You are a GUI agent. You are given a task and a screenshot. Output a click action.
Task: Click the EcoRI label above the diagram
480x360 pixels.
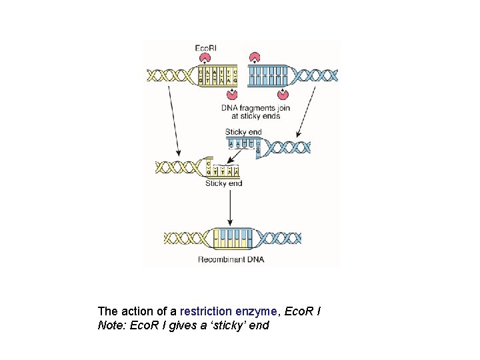205,48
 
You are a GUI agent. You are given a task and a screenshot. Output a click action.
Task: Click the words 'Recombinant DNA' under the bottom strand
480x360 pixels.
231,259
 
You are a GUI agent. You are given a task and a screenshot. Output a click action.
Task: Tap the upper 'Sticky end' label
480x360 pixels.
243,132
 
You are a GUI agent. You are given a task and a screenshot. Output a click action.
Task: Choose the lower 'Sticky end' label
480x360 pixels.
223,183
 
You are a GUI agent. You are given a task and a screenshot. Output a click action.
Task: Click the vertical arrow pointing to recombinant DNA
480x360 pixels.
230,207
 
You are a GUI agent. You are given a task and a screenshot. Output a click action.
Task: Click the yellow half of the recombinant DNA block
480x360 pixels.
224,238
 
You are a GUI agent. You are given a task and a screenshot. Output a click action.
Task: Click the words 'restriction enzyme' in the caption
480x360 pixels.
221,311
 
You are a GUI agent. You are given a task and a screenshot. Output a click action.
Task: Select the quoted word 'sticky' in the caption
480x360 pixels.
231,326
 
